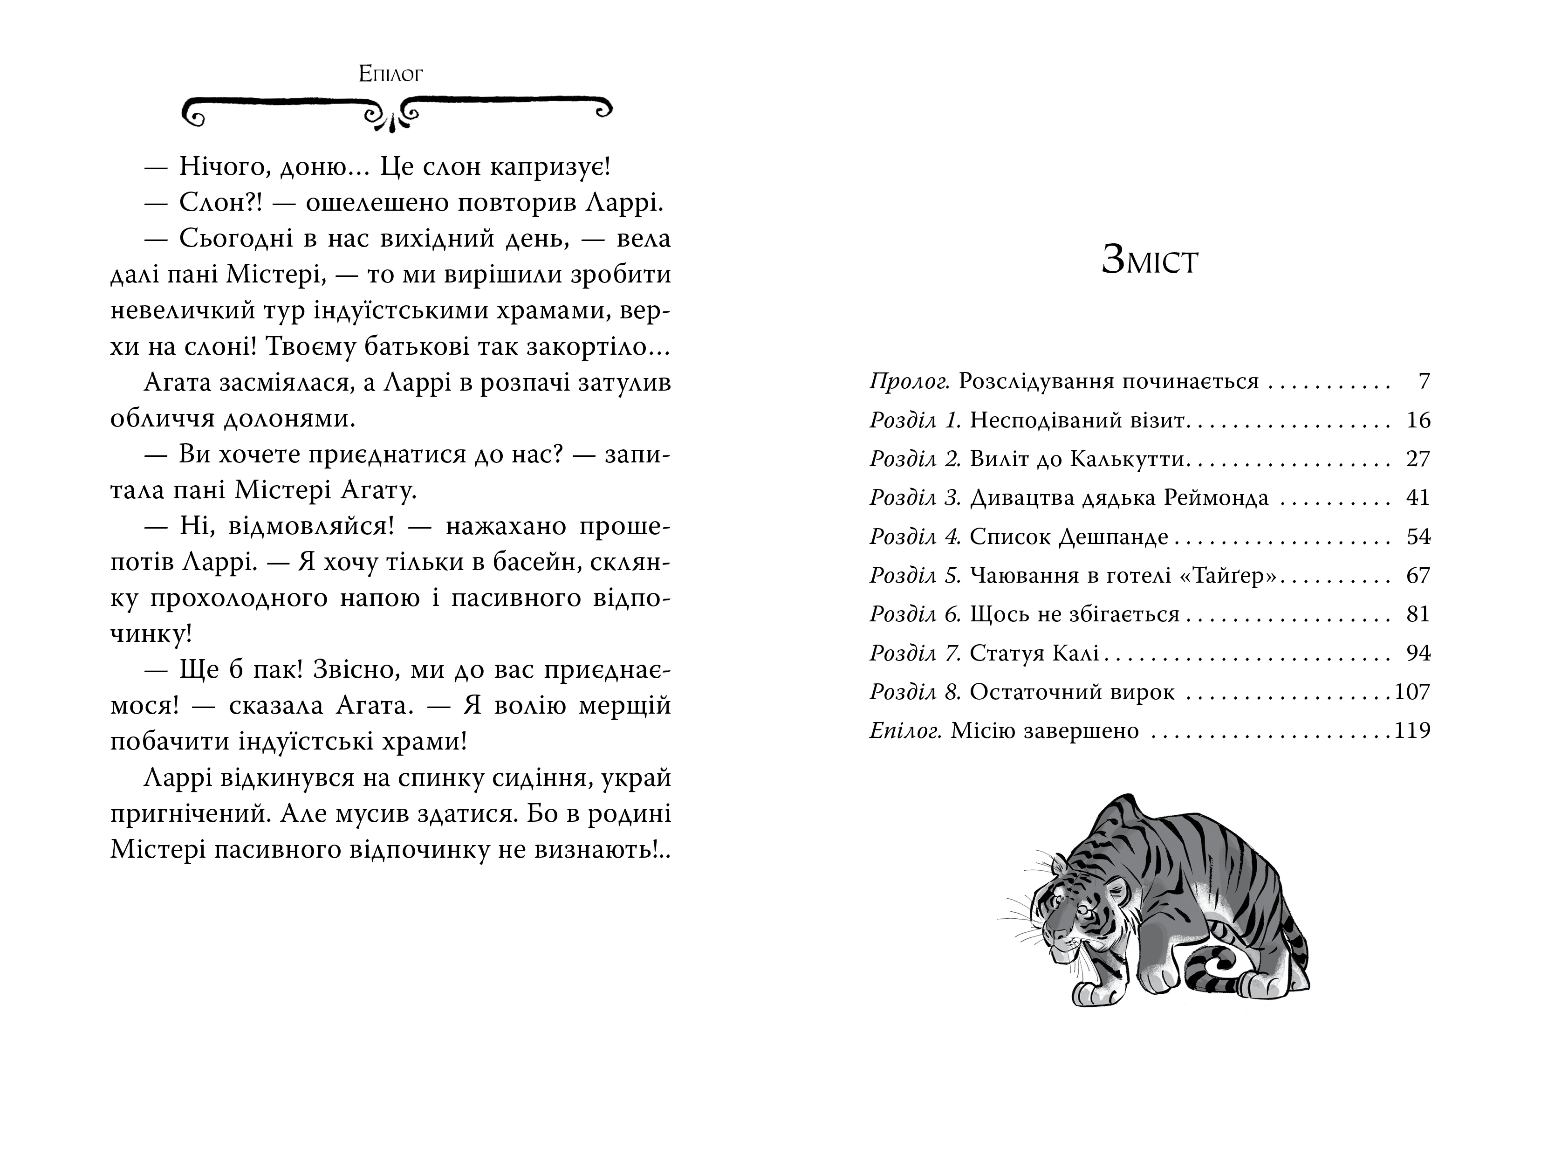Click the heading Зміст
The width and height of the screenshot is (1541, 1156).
(1150, 261)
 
